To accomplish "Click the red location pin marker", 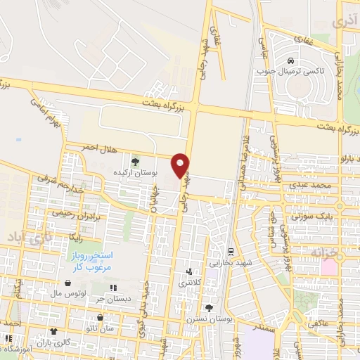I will tap(181, 165).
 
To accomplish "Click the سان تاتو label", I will tap(100, 328).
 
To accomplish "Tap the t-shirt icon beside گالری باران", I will tap(53, 330).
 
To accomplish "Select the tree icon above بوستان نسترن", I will tap(208, 308).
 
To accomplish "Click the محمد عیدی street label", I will tap(313, 184).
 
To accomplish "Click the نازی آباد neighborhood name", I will tap(28, 237).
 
